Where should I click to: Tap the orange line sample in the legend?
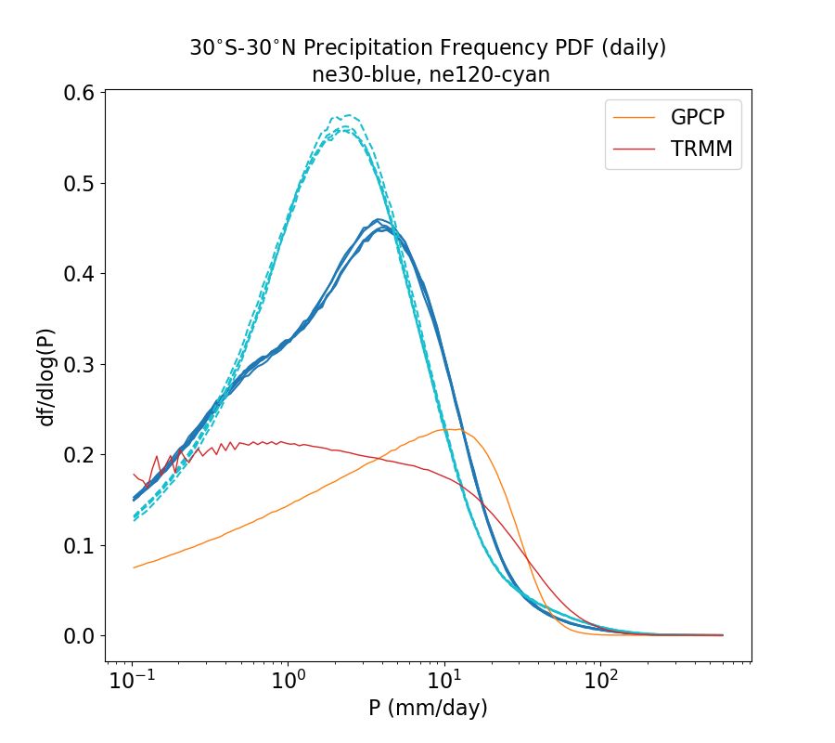click(635, 118)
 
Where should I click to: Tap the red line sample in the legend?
click(635, 150)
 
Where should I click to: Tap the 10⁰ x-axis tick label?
click(289, 681)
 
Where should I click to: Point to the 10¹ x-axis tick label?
click(445, 681)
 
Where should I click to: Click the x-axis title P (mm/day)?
click(428, 709)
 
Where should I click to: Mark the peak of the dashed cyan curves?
click(347, 116)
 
